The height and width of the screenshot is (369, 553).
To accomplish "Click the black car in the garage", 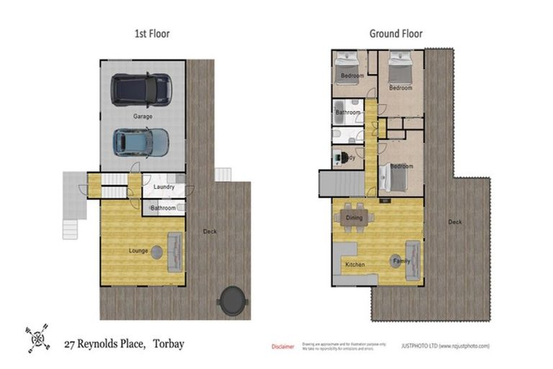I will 142,90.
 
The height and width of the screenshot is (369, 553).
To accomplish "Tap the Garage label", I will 143,116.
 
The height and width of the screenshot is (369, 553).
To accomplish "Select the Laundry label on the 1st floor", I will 164,187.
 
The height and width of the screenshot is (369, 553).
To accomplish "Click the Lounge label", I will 138,251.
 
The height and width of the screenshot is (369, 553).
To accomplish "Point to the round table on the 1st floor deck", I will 232,300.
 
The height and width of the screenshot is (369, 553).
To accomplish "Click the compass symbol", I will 38,336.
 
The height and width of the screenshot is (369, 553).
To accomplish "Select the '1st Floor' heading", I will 152,34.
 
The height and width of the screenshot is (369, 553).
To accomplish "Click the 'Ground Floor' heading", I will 396,34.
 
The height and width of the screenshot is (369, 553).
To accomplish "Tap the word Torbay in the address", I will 167,344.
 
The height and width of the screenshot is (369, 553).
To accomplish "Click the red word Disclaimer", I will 282,347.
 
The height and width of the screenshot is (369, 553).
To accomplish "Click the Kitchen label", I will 354,265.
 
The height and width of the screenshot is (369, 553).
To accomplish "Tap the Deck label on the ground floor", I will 454,222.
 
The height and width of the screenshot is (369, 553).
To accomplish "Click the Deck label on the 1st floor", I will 210,231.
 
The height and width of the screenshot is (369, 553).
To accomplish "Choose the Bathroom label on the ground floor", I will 347,112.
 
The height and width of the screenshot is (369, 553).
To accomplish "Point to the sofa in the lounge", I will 175,252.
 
